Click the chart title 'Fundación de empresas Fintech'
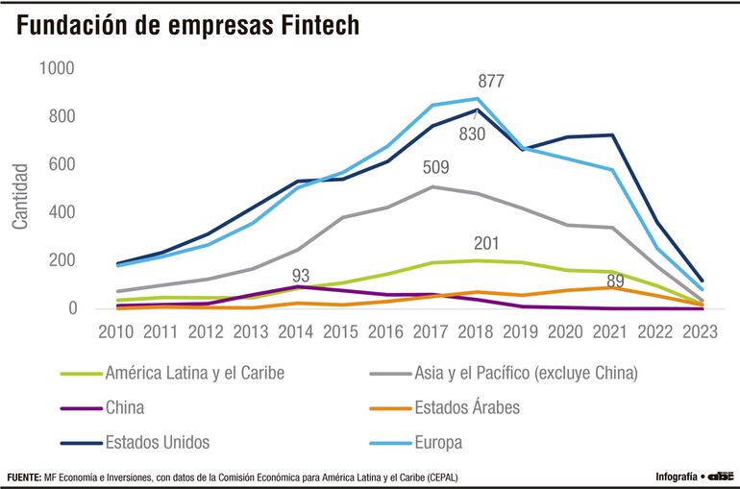[x=188, y=26]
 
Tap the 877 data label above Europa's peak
[x=491, y=81]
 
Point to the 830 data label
[x=472, y=134]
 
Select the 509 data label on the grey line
[x=436, y=168]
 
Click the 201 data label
[x=486, y=243]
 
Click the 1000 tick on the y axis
[x=56, y=69]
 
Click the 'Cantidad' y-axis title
[x=20, y=197]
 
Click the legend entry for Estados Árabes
[x=466, y=407]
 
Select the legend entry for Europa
[x=438, y=443]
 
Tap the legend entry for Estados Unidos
[x=159, y=443]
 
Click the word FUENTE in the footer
[x=24, y=477]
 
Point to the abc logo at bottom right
[x=721, y=477]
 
